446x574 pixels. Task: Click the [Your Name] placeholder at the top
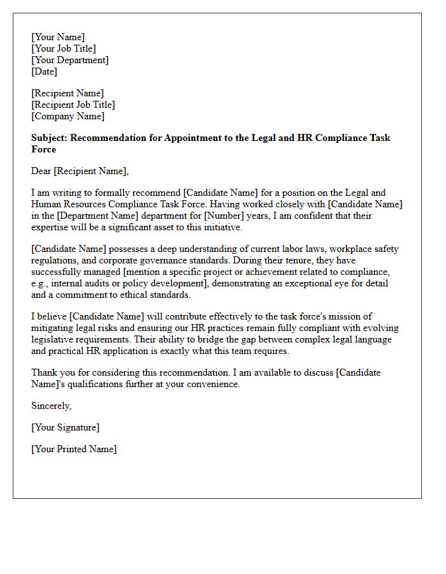point(58,37)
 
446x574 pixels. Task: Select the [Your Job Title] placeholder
point(64,48)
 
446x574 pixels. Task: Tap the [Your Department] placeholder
point(70,60)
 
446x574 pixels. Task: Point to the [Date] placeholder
point(44,71)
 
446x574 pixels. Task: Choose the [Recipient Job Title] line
point(73,105)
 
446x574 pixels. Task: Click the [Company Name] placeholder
point(68,116)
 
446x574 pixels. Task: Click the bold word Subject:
point(50,138)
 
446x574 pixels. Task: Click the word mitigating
point(54,328)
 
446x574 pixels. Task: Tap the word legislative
point(54,339)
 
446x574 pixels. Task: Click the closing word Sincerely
point(51,406)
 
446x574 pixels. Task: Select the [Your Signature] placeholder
point(66,427)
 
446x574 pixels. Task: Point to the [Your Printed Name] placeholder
point(74,449)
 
